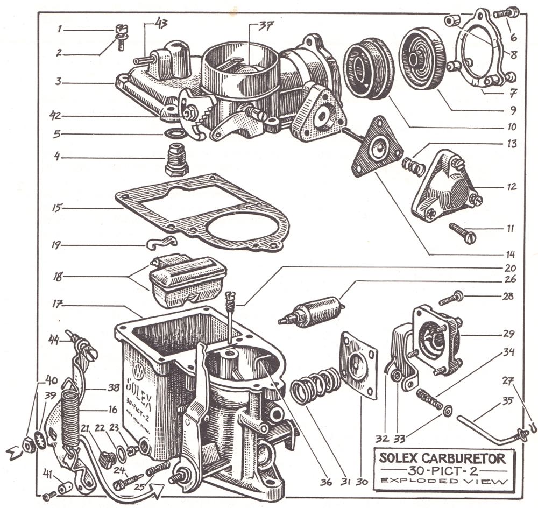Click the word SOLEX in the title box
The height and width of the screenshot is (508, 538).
point(398,458)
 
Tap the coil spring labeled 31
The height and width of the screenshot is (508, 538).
point(315,386)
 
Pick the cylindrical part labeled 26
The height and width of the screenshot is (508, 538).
point(312,312)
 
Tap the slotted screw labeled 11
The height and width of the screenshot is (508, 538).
point(463,232)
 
